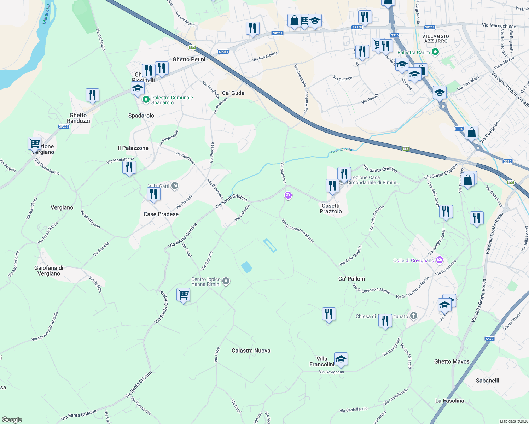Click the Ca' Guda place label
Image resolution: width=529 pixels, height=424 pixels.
pyautogui.click(x=233, y=93)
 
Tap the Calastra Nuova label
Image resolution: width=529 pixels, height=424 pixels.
pyautogui.click(x=251, y=351)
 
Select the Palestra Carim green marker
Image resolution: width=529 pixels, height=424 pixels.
pyautogui.click(x=436, y=52)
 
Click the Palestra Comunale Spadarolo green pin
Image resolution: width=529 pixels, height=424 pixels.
pyautogui.click(x=146, y=100)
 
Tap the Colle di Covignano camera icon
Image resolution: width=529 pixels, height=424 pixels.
pyautogui.click(x=440, y=260)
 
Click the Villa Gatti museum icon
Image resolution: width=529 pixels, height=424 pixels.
pyautogui.click(x=175, y=186)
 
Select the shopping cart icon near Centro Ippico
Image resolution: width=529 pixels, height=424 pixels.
pyautogui.click(x=184, y=294)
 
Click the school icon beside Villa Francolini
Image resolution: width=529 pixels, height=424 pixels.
pyautogui.click(x=341, y=359)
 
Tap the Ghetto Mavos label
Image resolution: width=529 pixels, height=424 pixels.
pyautogui.click(x=452, y=361)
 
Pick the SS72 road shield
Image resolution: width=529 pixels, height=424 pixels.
pyautogui.click(x=489, y=339)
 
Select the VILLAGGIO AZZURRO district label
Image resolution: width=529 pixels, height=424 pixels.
pyautogui.click(x=436, y=39)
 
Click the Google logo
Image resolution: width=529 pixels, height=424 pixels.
pyautogui.click(x=12, y=420)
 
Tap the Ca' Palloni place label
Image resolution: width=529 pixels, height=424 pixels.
pyautogui.click(x=351, y=279)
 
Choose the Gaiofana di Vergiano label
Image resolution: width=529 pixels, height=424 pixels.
pyautogui.click(x=49, y=271)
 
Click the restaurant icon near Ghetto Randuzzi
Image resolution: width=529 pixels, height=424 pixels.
pyautogui.click(x=92, y=95)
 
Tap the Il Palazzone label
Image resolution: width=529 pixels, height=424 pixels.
pyautogui.click(x=133, y=148)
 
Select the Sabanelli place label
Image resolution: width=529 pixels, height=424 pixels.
pyautogui.click(x=487, y=381)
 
